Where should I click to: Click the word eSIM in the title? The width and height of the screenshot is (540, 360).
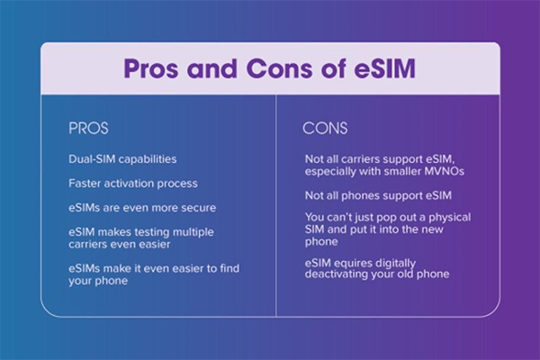[384, 68]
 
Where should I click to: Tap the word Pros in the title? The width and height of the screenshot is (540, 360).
[151, 68]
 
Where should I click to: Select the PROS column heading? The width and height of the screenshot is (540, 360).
[88, 128]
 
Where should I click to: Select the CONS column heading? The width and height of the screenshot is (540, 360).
[325, 128]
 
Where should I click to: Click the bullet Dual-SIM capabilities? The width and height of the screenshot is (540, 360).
[122, 159]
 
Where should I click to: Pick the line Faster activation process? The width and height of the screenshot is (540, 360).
[133, 184]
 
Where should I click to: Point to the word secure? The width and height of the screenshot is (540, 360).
[198, 208]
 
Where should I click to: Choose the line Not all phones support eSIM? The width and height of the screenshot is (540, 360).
[378, 195]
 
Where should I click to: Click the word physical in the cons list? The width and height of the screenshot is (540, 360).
[449, 218]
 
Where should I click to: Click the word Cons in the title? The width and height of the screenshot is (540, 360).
[280, 68]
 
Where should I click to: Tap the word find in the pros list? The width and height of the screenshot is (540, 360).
[229, 268]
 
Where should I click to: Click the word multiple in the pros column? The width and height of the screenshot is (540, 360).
[193, 232]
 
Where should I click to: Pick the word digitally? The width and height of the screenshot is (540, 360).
[395, 264]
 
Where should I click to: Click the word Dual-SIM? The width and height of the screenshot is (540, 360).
[92, 159]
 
